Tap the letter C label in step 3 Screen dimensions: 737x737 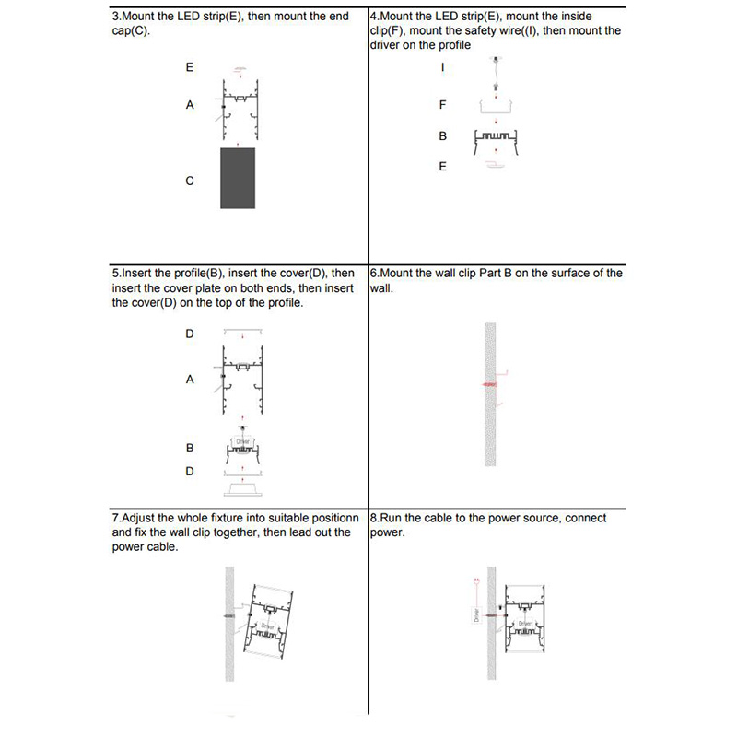pos(190,181)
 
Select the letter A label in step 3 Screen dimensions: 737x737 pos(190,105)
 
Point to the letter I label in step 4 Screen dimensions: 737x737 pos(443,68)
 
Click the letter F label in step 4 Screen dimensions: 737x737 pos(443,105)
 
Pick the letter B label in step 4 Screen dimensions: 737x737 pos(443,136)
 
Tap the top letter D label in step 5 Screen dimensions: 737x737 pos(190,333)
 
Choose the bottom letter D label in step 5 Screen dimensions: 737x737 pos(190,472)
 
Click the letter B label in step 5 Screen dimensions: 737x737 pos(190,449)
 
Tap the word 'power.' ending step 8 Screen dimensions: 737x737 pos(388,532)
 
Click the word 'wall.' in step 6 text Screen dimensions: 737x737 pos(382,287)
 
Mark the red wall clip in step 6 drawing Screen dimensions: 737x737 pos(491,383)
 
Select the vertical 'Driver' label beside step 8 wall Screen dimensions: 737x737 pos(476,615)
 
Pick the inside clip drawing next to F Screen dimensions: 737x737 pos(498,106)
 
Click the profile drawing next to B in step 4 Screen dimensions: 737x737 pos(498,137)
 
